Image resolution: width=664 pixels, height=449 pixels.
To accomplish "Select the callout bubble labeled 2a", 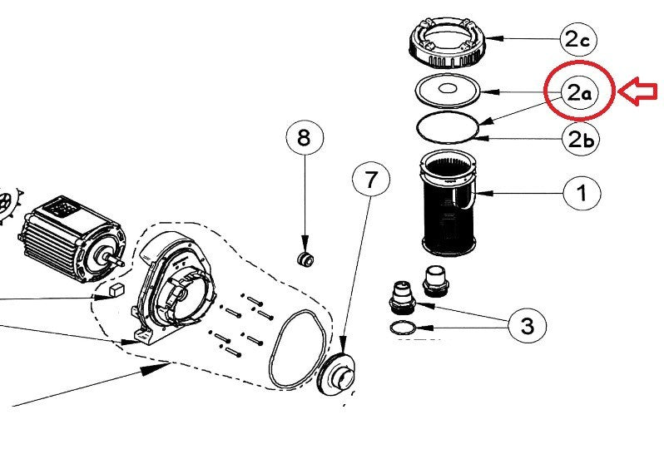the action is click(580, 92).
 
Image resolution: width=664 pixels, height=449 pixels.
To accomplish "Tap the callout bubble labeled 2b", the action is click(581, 138).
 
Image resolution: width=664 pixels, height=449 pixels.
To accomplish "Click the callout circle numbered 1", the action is click(582, 193).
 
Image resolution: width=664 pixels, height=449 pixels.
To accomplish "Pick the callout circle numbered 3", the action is click(528, 325).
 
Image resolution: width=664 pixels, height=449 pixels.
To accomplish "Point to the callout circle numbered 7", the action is click(371, 180).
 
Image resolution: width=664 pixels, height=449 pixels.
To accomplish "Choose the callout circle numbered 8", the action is click(305, 138).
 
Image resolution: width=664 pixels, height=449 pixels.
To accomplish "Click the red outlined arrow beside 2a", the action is click(637, 91).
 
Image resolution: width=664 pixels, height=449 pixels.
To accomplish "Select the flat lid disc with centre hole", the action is click(448, 91).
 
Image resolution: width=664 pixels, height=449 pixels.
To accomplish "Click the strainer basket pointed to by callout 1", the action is click(448, 203).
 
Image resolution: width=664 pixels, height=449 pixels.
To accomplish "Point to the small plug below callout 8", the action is click(305, 259).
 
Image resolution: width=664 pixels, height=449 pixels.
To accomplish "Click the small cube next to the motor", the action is click(116, 290).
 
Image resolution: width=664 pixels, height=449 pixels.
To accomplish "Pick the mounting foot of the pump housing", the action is click(144, 338).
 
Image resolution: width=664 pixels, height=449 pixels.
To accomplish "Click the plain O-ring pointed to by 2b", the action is click(448, 127).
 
